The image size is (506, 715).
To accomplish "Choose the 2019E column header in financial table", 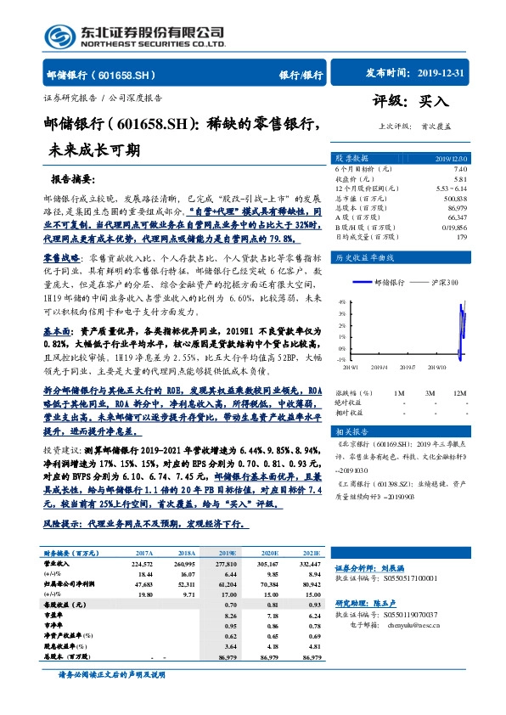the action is coord(228,528).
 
